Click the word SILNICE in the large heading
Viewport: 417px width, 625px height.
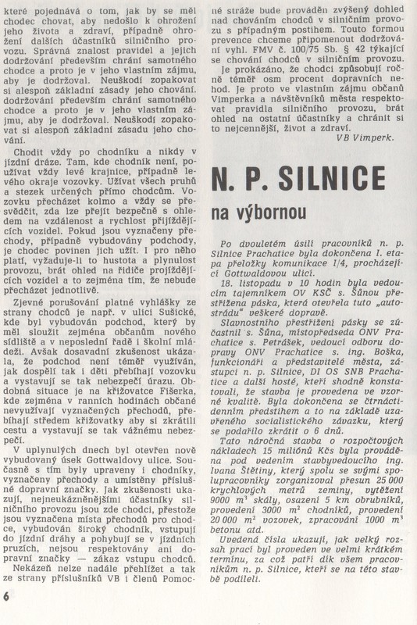pyautogui.click(x=340, y=179)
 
